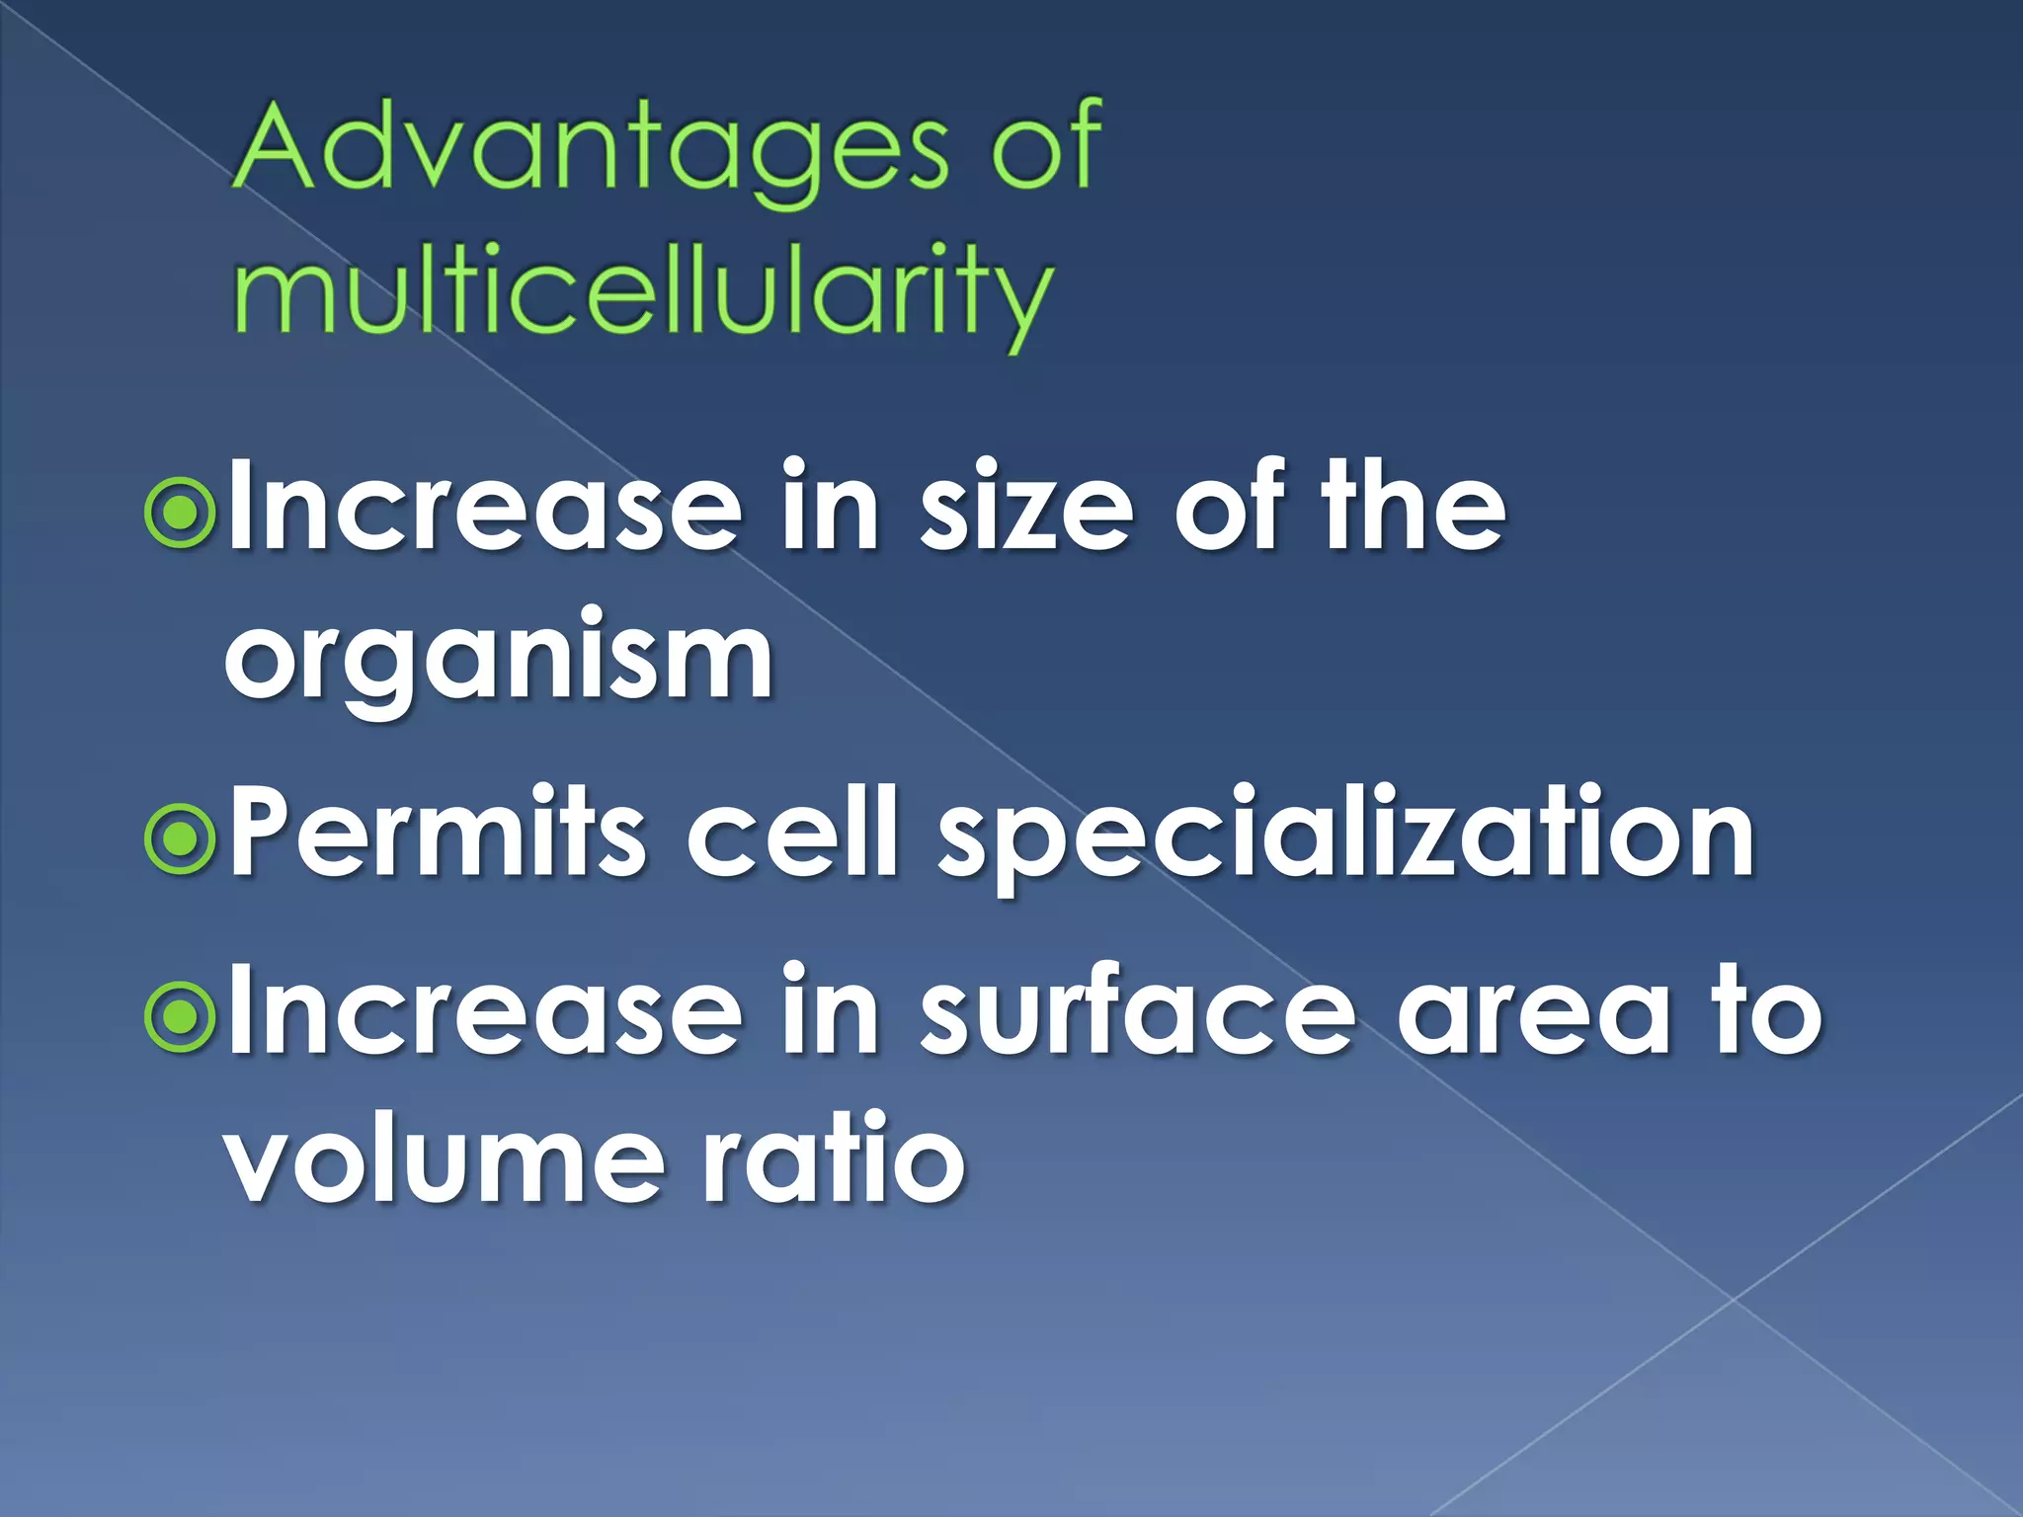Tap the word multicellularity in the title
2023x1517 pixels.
pyautogui.click(x=642, y=290)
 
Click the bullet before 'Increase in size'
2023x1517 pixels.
pyautogui.click(x=179, y=512)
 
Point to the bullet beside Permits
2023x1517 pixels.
pyautogui.click(x=179, y=838)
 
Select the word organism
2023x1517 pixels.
pyautogui.click(x=499, y=656)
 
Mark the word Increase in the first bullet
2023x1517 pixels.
pyautogui.click(x=484, y=510)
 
